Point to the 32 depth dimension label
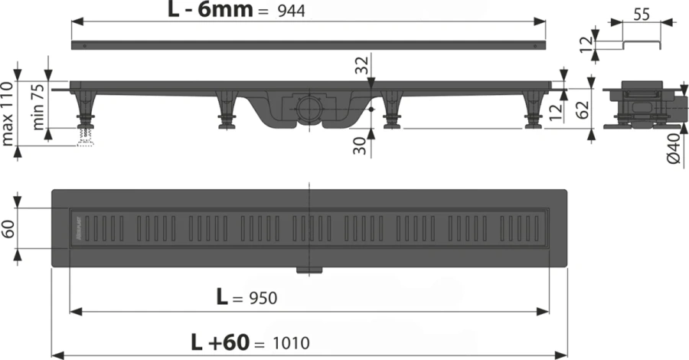(x=363, y=67)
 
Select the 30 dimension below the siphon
(x=361, y=145)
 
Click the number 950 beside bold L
(x=261, y=298)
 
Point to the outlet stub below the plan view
(x=310, y=268)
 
